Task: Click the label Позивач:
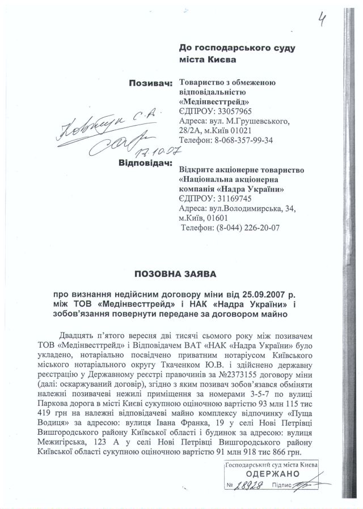tap(151, 84)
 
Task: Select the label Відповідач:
tap(145, 164)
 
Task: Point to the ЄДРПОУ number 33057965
tap(232, 112)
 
